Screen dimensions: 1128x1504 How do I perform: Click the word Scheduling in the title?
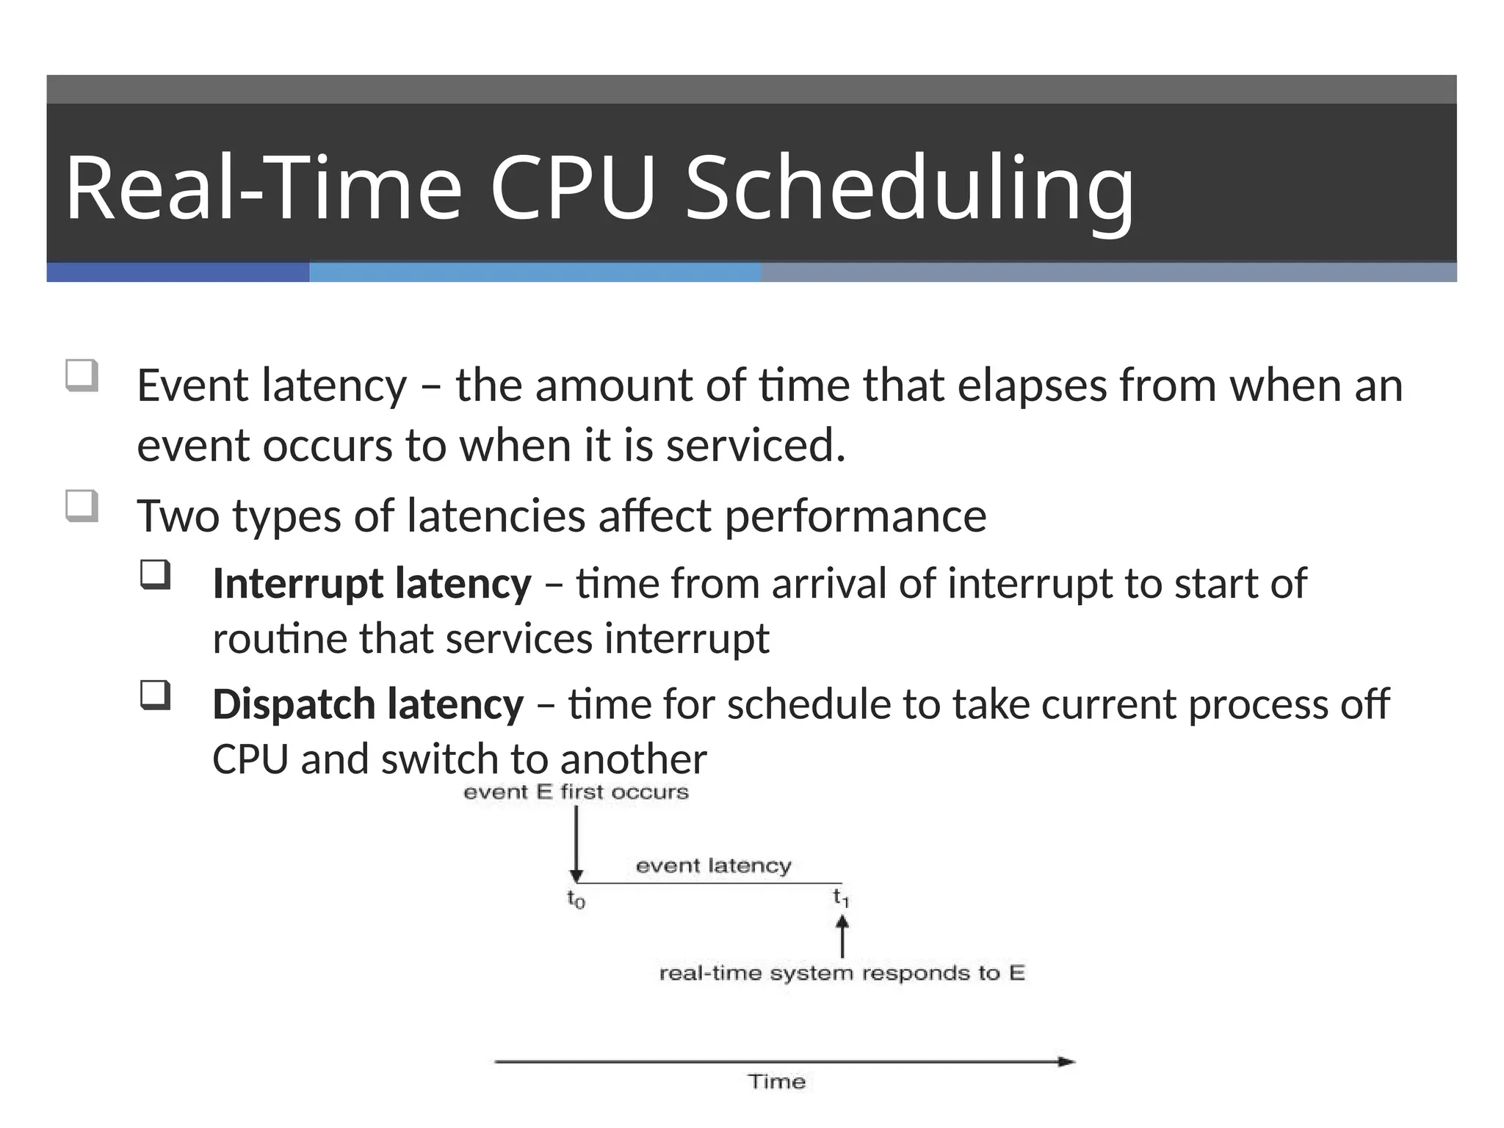909,188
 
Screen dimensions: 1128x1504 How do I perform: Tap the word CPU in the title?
572,188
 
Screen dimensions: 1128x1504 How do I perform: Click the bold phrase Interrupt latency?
372,584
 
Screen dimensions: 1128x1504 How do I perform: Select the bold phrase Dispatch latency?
368,704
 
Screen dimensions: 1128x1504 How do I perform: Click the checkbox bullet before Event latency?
82,375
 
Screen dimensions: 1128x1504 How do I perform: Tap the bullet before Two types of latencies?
82,506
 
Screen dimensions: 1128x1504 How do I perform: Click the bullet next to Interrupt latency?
156,575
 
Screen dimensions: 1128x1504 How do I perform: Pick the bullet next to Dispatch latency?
156,695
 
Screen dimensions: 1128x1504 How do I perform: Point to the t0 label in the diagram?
576,899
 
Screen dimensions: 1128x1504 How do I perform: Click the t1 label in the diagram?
841,897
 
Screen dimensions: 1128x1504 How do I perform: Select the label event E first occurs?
576,792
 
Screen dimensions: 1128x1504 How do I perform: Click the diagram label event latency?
713,866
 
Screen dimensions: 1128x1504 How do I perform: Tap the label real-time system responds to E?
842,974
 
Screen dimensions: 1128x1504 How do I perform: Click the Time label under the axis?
777,1082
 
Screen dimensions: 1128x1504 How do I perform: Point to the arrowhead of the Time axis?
1066,1061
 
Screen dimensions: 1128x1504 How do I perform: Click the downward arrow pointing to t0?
576,845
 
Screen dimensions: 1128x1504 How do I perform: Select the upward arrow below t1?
842,936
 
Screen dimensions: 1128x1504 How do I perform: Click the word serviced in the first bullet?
755,446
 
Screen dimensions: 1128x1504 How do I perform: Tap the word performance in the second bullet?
856,516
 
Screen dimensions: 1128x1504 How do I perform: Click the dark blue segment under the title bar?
178,272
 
